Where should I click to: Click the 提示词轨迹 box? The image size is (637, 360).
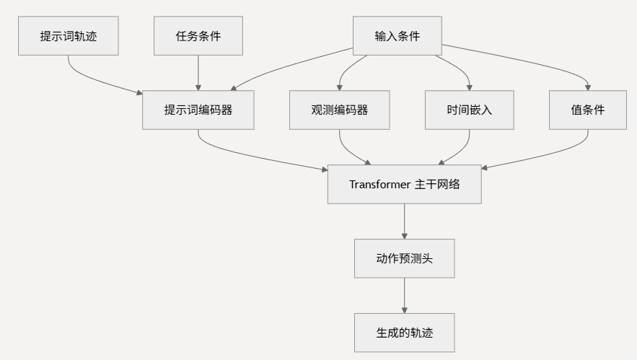click(69, 36)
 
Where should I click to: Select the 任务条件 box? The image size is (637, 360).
click(198, 36)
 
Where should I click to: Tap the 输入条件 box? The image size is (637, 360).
click(397, 36)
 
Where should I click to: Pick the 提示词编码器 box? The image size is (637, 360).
click(198, 110)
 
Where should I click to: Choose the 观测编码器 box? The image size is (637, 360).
click(339, 110)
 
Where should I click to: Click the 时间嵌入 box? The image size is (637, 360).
click(469, 110)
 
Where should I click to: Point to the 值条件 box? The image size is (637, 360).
click(587, 110)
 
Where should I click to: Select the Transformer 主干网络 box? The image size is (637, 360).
click(404, 184)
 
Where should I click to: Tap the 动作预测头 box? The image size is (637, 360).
click(404, 258)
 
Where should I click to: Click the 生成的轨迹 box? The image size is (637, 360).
click(404, 333)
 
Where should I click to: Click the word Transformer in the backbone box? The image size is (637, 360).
click(379, 184)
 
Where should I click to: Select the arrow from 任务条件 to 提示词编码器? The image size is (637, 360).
click(198, 72)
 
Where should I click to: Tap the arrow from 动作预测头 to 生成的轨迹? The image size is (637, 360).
click(404, 295)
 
